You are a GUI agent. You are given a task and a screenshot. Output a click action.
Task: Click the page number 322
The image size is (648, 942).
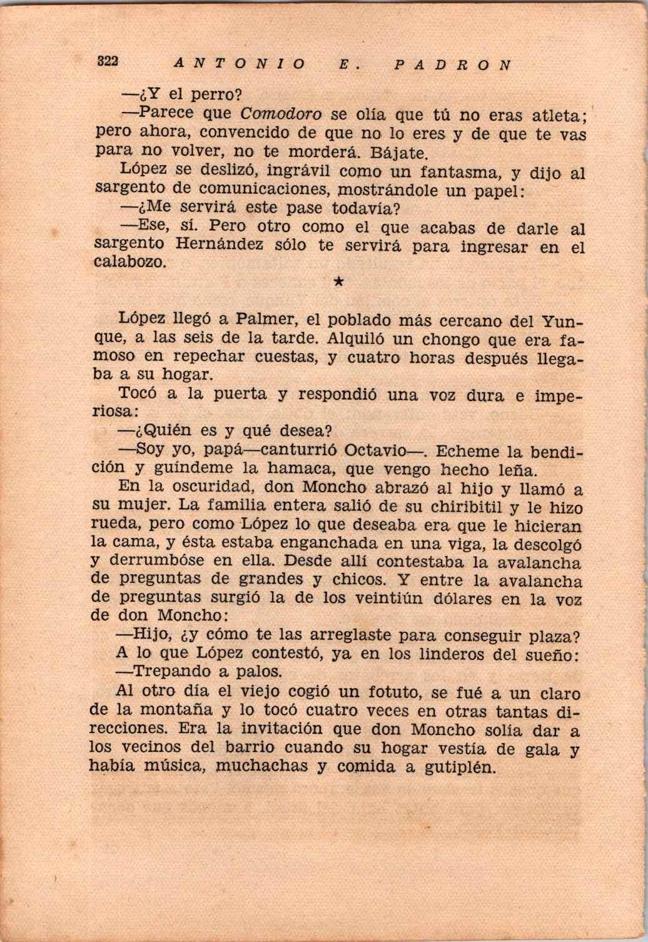coord(108,61)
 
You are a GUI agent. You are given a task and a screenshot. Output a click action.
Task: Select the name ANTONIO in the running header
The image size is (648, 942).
coord(240,64)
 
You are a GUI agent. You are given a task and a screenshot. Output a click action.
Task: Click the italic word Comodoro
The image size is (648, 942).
coord(281,114)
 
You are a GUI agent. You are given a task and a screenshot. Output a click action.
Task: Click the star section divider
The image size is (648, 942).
coord(338,283)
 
